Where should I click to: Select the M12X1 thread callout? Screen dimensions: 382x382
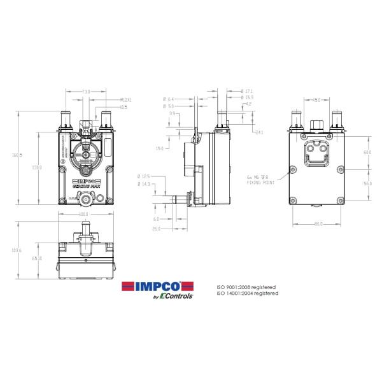click(125, 100)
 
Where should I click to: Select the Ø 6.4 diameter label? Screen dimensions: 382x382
click(168, 99)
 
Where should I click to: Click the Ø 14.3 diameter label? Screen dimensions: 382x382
click(143, 184)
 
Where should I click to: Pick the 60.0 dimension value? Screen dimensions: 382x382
click(367, 153)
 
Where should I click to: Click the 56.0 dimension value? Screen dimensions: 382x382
click(367, 183)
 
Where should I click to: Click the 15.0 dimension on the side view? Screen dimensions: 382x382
click(159, 148)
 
